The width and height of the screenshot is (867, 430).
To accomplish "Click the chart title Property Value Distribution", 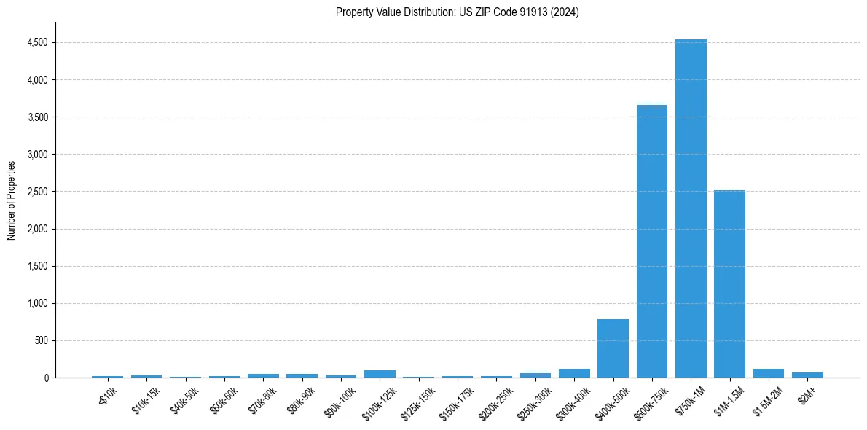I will [x=457, y=12].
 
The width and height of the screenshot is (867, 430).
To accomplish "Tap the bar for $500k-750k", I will [x=651, y=241].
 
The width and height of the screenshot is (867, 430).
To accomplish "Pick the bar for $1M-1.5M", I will [x=729, y=284].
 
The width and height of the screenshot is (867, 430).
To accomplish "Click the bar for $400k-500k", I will [x=613, y=348].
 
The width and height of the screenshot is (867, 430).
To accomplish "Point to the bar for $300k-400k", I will [x=574, y=373].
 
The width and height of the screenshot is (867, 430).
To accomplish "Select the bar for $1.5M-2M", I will [x=768, y=373].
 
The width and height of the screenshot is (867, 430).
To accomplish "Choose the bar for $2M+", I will [x=807, y=375].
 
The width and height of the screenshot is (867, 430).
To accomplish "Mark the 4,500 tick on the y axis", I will [x=37, y=42].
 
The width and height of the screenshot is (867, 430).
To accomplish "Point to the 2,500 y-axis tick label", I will [x=37, y=192].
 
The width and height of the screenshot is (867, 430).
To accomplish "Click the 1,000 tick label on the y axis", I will [x=37, y=303].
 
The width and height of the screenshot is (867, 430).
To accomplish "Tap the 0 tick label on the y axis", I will [x=45, y=378].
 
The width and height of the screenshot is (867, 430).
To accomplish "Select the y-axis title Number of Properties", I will [x=12, y=200].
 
